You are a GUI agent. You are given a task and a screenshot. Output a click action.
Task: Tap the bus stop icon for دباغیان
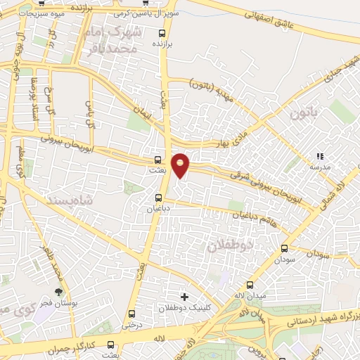pos(157,198)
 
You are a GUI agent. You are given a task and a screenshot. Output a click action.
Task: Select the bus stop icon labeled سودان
pos(285,248)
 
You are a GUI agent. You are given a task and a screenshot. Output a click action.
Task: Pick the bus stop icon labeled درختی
pos(131,314)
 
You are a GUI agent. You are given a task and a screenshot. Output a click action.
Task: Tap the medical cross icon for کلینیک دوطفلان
pos(185,297)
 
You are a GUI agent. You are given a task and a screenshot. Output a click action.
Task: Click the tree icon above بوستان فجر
pos(58,292)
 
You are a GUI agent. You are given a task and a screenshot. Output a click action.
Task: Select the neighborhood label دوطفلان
pos(229,245)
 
